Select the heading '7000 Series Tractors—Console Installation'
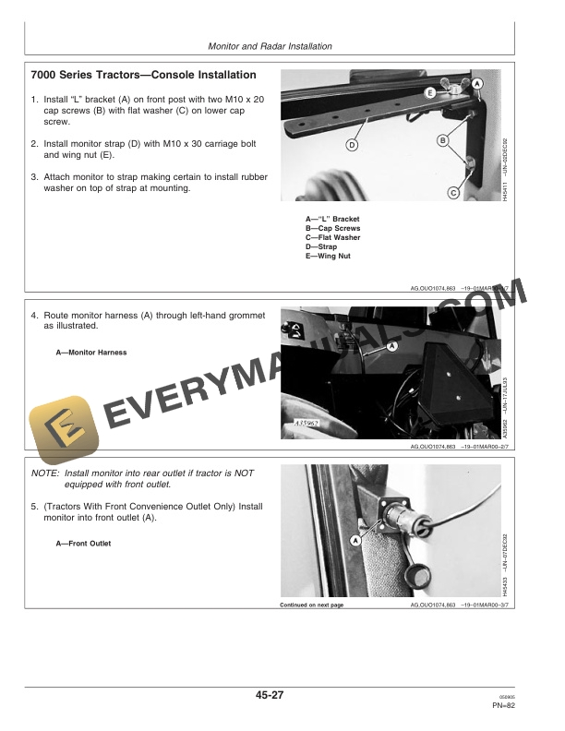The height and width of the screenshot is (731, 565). [143, 75]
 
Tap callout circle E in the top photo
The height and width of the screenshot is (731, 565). [430, 93]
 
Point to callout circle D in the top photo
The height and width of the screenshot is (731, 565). [353, 145]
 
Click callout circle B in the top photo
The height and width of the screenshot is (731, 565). [442, 139]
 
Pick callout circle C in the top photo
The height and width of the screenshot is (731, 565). [453, 193]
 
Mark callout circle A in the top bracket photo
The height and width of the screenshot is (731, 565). [477, 84]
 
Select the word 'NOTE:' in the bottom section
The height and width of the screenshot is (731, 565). [44, 473]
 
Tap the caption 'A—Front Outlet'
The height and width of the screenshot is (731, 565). [83, 544]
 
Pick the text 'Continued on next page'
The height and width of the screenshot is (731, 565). [311, 605]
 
